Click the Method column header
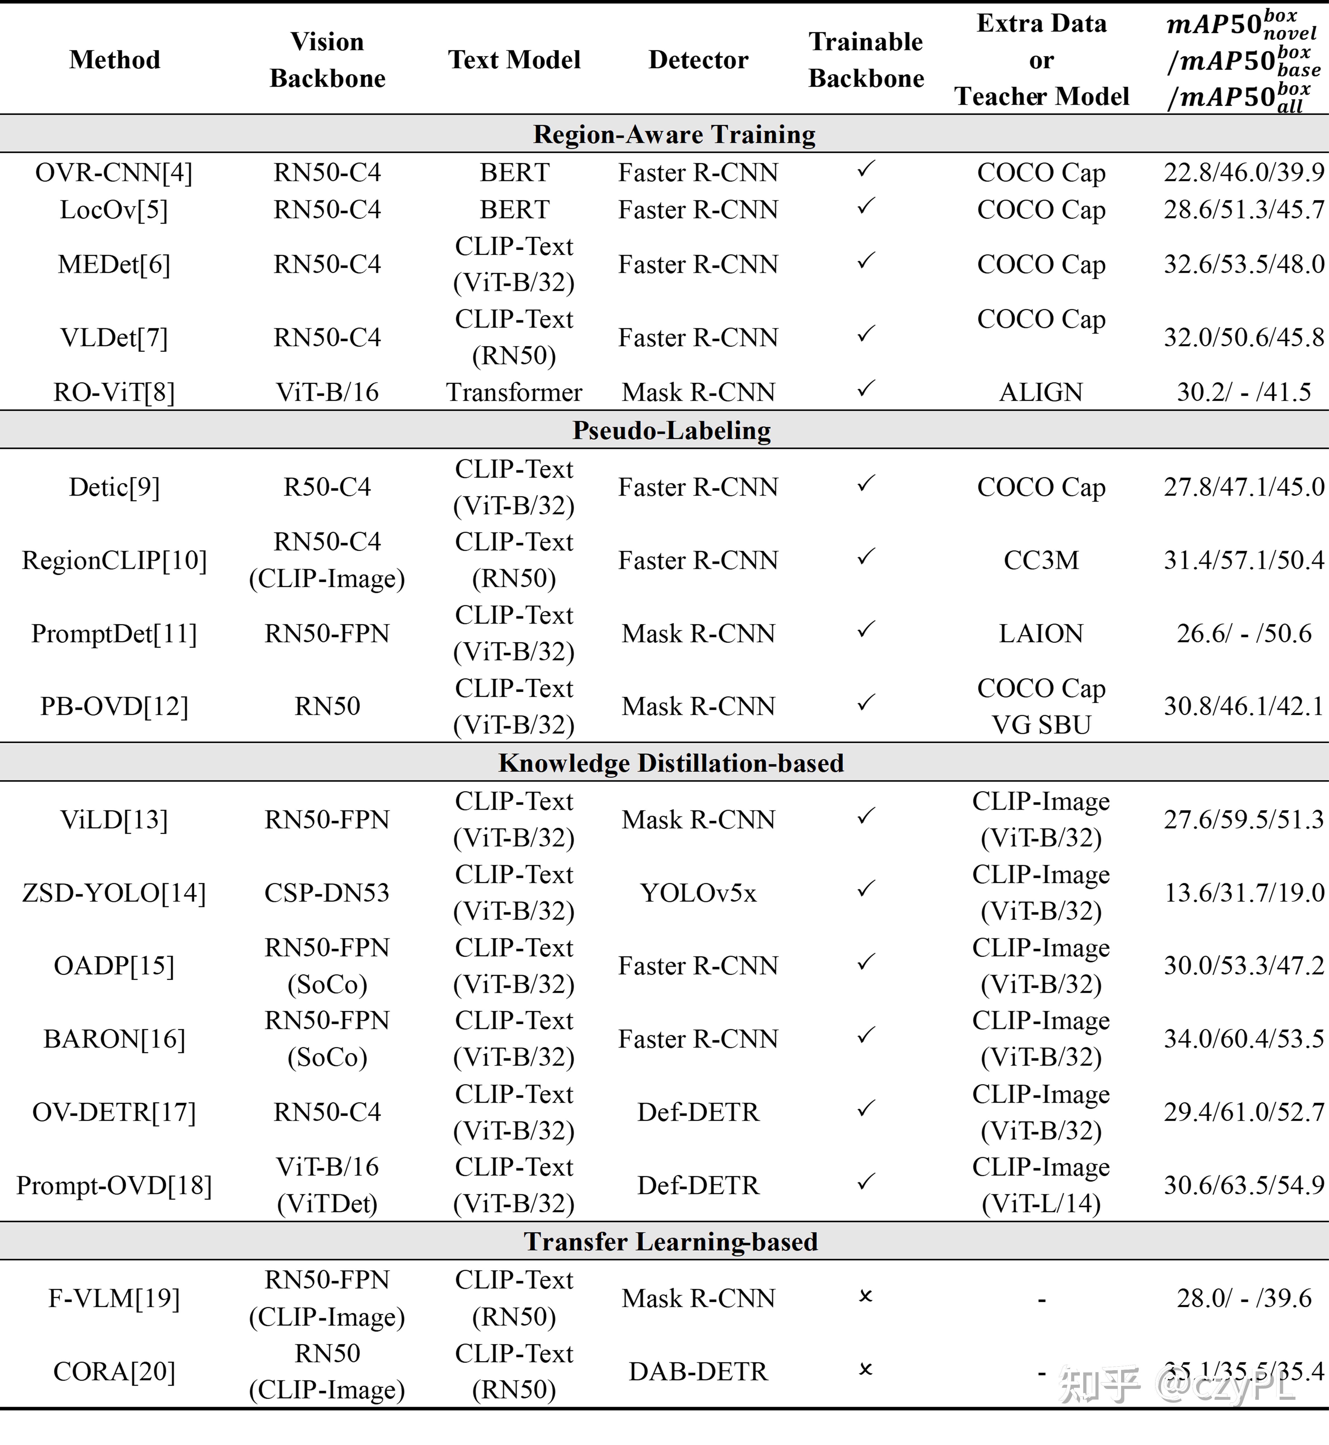click(115, 60)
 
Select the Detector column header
click(698, 60)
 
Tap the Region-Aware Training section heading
click(674, 135)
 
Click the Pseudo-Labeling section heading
click(672, 430)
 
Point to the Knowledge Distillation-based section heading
click(671, 763)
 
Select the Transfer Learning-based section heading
click(671, 1242)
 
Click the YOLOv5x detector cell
click(698, 893)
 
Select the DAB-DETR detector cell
click(698, 1372)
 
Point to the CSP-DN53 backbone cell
click(327, 893)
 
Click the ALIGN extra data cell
click(1040, 392)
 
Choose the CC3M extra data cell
click(1040, 560)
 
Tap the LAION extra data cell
click(1040, 634)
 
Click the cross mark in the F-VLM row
click(866, 1296)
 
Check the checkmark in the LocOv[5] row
click(866, 207)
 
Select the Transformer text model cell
click(514, 392)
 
